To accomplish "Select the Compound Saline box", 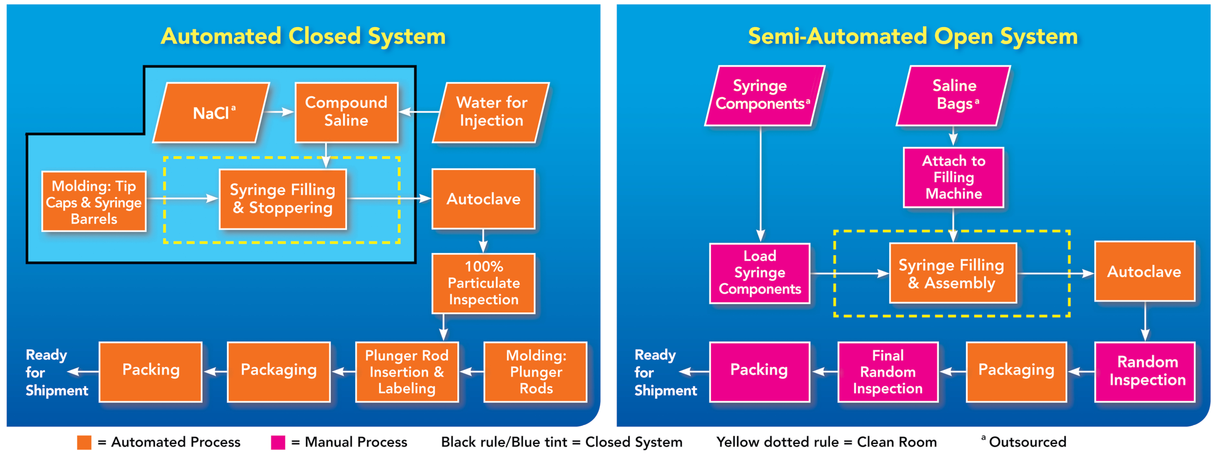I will pyautogui.click(x=346, y=112).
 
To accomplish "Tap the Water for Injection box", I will pyautogui.click(x=491, y=112).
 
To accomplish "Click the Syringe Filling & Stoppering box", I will pyautogui.click(x=283, y=199).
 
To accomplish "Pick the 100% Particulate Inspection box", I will pyautogui.click(x=483, y=283).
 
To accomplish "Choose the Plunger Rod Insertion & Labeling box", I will pyautogui.click(x=407, y=372).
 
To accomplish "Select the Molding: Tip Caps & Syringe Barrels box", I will pyautogui.click(x=94, y=202).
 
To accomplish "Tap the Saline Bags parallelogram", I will pyautogui.click(x=953, y=95).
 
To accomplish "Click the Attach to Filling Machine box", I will pyautogui.click(x=953, y=177).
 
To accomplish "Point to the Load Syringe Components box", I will pyautogui.click(x=760, y=273).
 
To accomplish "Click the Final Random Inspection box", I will pyautogui.click(x=887, y=372).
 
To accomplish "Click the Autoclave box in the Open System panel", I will pyautogui.click(x=1144, y=272).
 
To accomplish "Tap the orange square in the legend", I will pyautogui.click(x=84, y=443).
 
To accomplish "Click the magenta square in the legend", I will pyautogui.click(x=278, y=443).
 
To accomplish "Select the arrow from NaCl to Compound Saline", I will pyautogui.click(x=279, y=112).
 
